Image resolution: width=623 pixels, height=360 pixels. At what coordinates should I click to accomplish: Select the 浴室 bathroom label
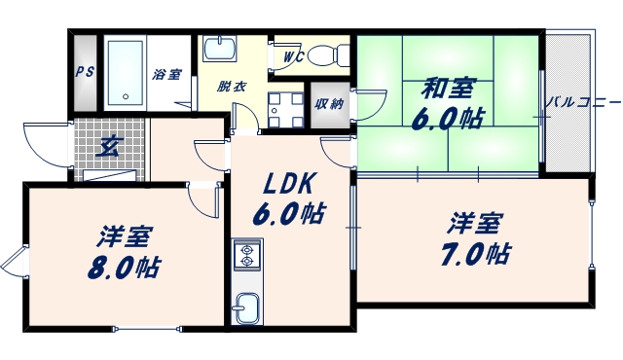coord(166,74)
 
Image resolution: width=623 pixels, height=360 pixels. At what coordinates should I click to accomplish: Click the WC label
coord(294,56)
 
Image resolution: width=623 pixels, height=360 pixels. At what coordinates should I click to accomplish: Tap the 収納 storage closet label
coord(329,104)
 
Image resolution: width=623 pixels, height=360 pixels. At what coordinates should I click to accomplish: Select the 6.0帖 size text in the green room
coord(447,120)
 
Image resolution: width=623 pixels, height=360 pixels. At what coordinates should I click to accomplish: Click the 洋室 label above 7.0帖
coord(475,223)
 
